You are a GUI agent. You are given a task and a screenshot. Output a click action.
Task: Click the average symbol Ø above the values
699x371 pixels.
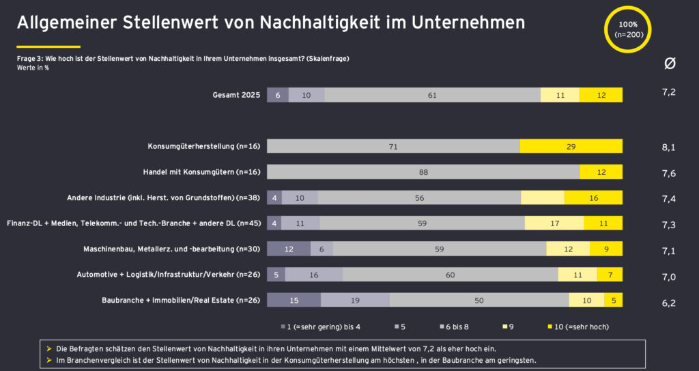pyautogui.click(x=670, y=64)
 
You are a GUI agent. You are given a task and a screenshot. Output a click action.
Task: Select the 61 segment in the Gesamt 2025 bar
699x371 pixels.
pyautogui.click(x=432, y=95)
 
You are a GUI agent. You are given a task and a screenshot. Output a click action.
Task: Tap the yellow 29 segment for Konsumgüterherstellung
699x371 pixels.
pyautogui.click(x=571, y=146)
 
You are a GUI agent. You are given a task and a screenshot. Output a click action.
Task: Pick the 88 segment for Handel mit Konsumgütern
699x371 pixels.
pyautogui.click(x=423, y=172)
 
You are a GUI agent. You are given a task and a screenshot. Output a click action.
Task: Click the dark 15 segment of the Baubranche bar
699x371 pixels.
pyautogui.click(x=294, y=300)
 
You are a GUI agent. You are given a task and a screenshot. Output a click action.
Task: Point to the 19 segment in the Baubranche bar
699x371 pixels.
pyautogui.click(x=354, y=300)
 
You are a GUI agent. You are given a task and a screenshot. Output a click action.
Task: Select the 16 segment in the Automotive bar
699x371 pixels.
pyautogui.click(x=314, y=275)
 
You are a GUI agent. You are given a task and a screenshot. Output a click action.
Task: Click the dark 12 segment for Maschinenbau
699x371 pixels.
pyautogui.click(x=289, y=249)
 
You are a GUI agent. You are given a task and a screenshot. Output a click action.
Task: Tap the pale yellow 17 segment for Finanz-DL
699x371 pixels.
pyautogui.click(x=554, y=223)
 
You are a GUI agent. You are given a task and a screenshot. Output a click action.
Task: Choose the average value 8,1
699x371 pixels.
pyautogui.click(x=669, y=147)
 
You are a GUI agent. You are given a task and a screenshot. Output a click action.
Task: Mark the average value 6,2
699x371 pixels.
pyautogui.click(x=669, y=303)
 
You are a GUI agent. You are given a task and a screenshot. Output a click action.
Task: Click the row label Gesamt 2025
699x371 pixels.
pyautogui.click(x=236, y=95)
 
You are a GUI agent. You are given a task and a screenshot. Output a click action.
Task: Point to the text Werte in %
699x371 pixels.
pyautogui.click(x=33, y=68)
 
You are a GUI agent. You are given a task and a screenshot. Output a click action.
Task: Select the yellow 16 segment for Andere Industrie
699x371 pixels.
pyautogui.click(x=593, y=198)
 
